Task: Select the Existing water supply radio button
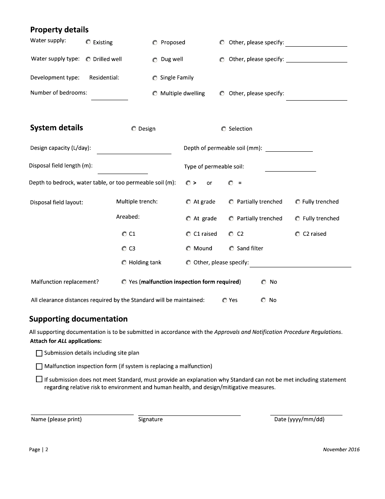pos(88,42)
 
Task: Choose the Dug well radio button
pos(155,60)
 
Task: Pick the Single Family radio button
pos(155,78)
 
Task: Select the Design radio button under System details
pos(134,129)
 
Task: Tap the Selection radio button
pos(224,129)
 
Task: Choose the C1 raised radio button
pos(188,234)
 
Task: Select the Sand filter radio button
pos(231,248)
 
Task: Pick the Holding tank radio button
pos(124,262)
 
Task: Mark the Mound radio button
pos(188,248)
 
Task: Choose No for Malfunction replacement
pos(264,282)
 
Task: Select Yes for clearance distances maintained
pos(225,300)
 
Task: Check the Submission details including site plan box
pos(39,353)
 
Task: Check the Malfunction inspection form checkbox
pos(39,366)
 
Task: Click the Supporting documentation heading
pos(78,319)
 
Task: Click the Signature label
pos(150,419)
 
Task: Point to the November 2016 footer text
pos(341,450)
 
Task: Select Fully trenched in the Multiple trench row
pos(298,202)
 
